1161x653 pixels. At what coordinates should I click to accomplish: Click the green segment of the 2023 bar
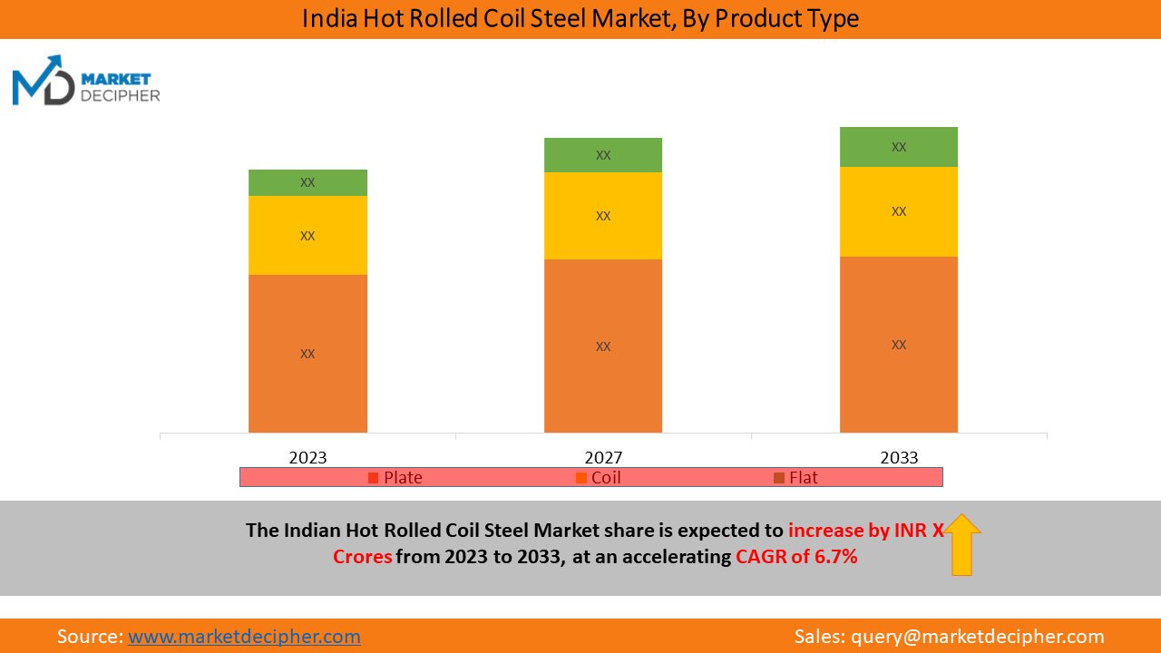(307, 182)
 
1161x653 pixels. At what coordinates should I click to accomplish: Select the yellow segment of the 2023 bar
(307, 235)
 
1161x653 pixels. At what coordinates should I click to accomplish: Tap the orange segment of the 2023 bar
(307, 354)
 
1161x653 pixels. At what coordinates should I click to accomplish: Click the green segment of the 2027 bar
(603, 155)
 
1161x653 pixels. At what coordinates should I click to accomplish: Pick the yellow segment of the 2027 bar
(603, 216)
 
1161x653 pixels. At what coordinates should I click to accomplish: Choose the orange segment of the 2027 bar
(603, 346)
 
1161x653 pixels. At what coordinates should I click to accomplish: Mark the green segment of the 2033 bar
(899, 147)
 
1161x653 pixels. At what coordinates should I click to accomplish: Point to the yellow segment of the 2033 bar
(899, 211)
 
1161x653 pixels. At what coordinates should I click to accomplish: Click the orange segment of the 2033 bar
(899, 345)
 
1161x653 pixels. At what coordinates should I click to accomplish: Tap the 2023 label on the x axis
(307, 458)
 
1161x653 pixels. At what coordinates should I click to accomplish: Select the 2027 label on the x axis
(603, 458)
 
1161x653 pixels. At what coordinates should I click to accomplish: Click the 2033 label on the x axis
(899, 458)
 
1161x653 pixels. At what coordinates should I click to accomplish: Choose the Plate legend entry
(395, 477)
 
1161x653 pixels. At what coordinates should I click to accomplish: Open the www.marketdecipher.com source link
(244, 637)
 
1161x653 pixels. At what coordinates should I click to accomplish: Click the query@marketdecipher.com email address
(978, 637)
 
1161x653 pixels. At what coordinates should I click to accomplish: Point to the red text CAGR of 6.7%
(796, 557)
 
